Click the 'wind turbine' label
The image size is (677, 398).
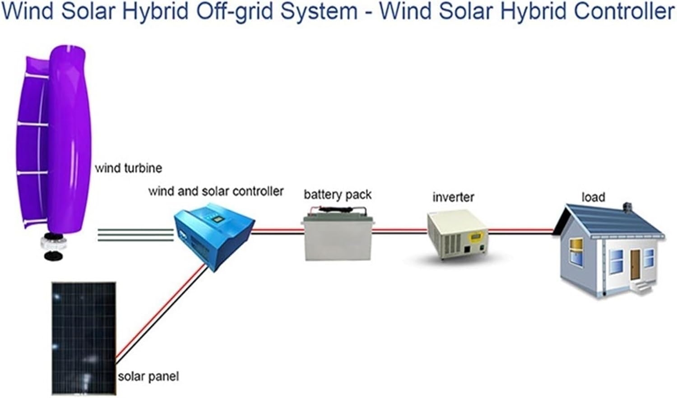128,168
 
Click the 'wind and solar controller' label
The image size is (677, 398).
216,191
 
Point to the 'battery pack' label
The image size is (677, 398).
337,195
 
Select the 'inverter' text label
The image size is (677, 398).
453,197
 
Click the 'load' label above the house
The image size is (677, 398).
593,197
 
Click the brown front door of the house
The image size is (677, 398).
635,264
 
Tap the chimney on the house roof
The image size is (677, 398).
626,207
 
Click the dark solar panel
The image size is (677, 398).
83,338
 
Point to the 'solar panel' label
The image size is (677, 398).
148,376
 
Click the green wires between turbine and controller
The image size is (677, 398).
135,235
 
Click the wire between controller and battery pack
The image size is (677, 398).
276,231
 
